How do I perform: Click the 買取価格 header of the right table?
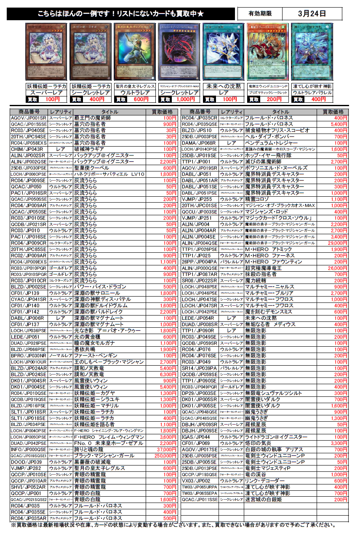[x=333, y=112]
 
